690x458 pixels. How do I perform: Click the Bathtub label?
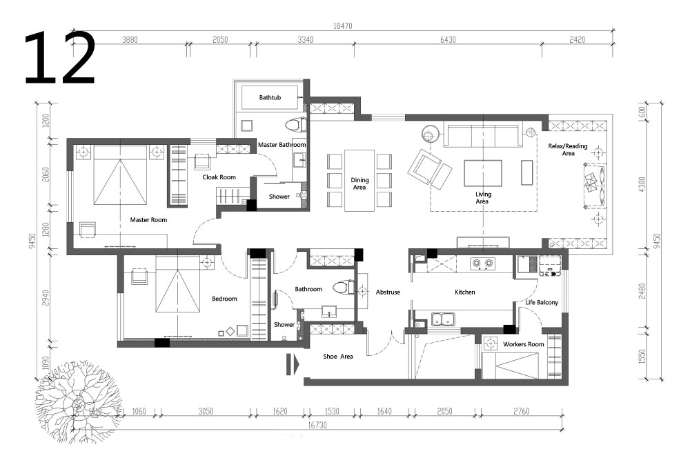click(x=270, y=97)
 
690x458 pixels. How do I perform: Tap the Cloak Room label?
click(x=219, y=177)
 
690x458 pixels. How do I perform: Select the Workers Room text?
click(x=523, y=344)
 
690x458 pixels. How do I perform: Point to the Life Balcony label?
click(x=542, y=302)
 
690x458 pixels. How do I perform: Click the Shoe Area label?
click(x=338, y=357)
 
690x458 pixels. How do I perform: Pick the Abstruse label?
click(x=388, y=292)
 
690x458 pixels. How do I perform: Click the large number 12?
click(x=59, y=58)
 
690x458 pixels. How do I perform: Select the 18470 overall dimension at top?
click(x=342, y=26)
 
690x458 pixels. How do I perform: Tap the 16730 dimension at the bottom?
click(x=317, y=425)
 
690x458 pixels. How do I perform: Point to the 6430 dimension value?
click(x=448, y=39)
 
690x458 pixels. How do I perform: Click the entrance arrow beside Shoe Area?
click(x=293, y=364)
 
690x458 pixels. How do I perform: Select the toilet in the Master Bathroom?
click(x=296, y=125)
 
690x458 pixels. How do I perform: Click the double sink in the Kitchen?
click(x=443, y=319)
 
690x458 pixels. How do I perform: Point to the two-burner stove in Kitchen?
click(x=482, y=263)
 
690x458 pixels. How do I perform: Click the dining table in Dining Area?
click(x=359, y=181)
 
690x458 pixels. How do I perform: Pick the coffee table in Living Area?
click(x=483, y=173)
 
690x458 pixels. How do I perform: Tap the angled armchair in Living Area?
click(x=429, y=170)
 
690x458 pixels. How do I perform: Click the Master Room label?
click(x=148, y=220)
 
